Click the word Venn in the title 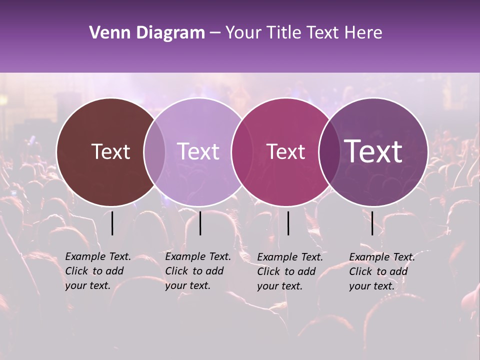point(105,33)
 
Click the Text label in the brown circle point(110,151)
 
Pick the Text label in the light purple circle point(198,151)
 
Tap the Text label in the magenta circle point(286,151)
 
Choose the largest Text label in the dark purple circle point(373,151)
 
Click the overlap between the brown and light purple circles point(154,152)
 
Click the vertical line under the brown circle point(112,223)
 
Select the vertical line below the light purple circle point(200,223)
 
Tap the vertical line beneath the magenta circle point(288,223)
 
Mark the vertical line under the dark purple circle point(372,223)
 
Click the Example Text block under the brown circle point(97,271)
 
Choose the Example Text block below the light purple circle point(197,271)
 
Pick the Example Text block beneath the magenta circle point(289,271)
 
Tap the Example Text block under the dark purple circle point(381,271)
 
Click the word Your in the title point(243,33)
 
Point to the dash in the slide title point(215,33)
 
